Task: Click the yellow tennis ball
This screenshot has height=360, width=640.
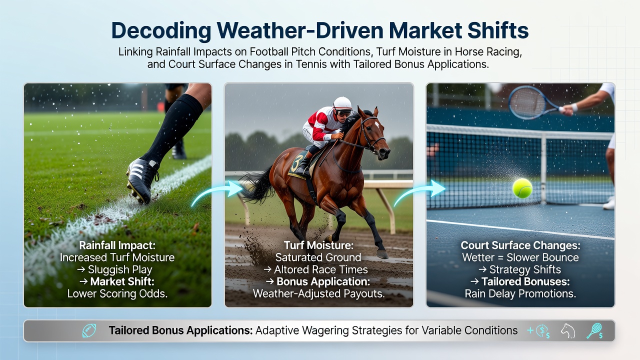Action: (522, 188)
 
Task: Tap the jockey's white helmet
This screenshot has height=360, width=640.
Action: (342, 103)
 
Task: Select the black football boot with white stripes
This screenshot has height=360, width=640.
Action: (142, 180)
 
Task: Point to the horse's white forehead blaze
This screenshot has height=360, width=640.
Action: (377, 124)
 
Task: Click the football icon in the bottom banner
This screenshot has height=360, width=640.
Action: (89, 330)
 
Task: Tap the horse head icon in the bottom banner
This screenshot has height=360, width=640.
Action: (567, 331)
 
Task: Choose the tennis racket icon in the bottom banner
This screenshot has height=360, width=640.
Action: (594, 331)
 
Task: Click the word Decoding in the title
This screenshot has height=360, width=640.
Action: (161, 30)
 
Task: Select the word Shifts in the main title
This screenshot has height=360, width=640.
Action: (498, 30)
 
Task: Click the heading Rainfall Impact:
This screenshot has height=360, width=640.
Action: (117, 245)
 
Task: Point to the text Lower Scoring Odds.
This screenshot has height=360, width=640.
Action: (117, 293)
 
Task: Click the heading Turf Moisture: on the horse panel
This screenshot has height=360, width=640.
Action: (318, 245)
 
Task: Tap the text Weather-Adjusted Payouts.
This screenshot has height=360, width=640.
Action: (318, 293)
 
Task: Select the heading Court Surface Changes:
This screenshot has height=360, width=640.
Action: (520, 245)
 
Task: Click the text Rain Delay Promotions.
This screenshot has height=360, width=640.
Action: (520, 293)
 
